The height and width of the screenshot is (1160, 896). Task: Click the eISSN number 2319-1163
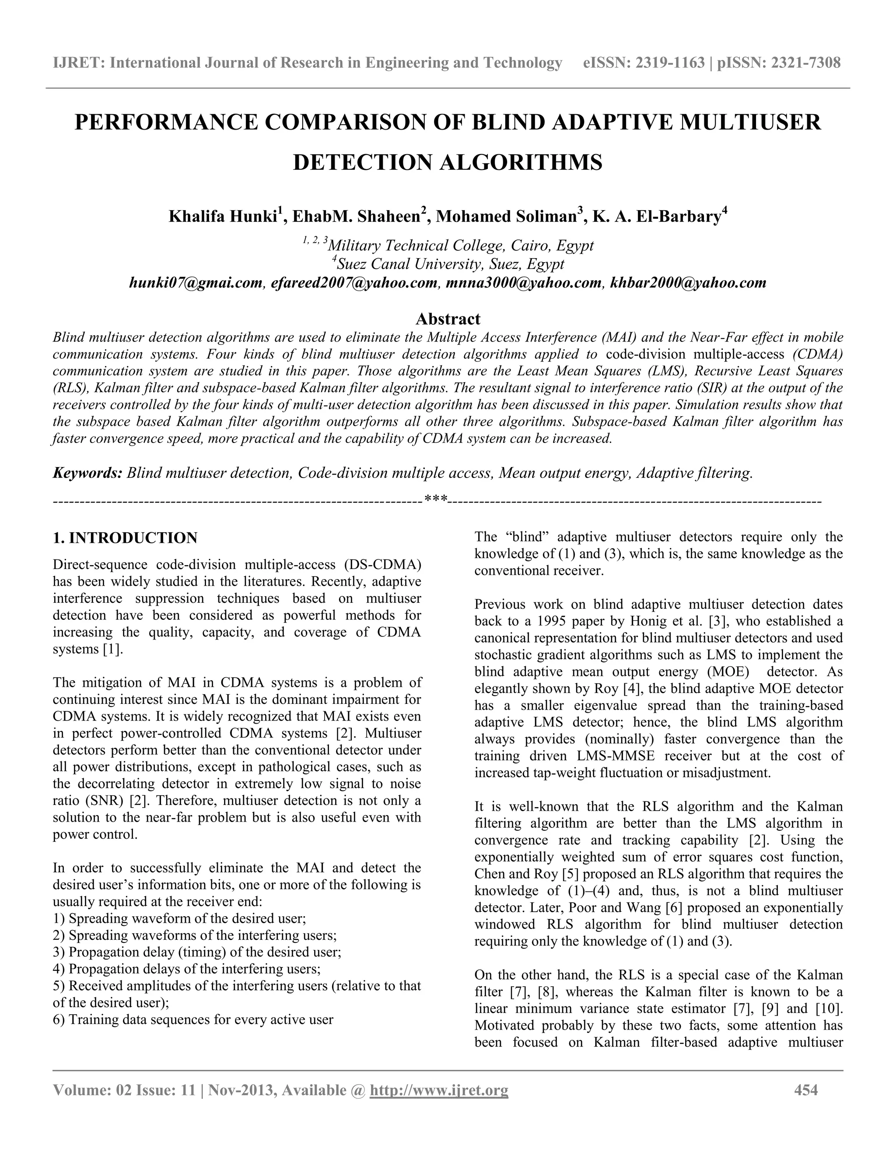tap(670, 63)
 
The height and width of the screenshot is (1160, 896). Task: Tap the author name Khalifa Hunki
tap(222, 217)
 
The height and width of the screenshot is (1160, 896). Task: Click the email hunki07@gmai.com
tap(196, 283)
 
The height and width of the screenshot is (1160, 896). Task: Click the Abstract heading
tap(448, 319)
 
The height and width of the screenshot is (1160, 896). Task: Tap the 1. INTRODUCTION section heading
tap(125, 538)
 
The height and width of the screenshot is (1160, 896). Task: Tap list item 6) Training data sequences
tap(193, 1019)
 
